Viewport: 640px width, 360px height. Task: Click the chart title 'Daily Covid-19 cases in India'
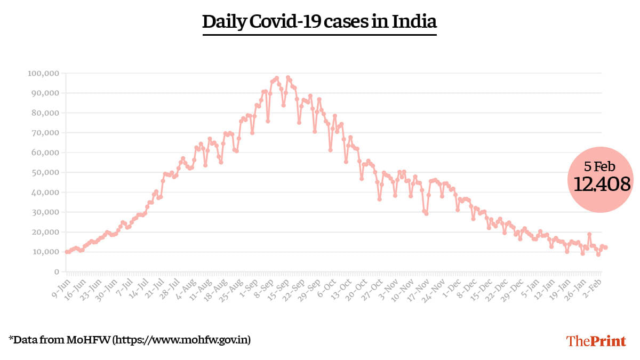[319, 22]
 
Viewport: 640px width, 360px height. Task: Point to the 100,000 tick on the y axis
[43, 73]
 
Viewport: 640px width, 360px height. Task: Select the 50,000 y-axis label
[45, 172]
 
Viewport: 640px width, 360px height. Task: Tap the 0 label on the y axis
[55, 271]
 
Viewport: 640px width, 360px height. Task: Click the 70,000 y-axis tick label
[45, 133]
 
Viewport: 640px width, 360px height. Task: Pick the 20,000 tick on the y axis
[45, 232]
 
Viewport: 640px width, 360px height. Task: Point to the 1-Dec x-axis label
[452, 286]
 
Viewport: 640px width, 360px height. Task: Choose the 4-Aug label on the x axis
[185, 286]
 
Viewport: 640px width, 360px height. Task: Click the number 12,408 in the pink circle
[602, 184]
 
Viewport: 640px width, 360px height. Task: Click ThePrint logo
[596, 340]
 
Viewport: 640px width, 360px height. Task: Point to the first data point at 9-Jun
[67, 252]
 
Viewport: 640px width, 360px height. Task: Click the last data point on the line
[606, 247]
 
